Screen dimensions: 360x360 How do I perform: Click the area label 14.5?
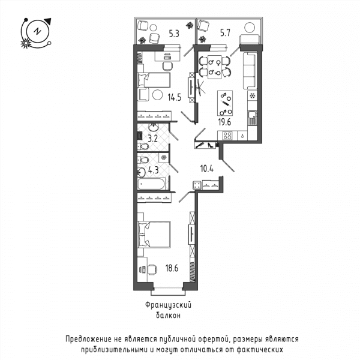point(175,97)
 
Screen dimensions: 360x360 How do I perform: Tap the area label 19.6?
point(224,122)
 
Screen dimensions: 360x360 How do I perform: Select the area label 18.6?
point(172,268)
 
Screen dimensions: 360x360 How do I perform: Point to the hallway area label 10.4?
point(207,169)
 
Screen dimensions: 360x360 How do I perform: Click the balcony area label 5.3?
point(174,34)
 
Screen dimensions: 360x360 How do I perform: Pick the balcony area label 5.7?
point(225,33)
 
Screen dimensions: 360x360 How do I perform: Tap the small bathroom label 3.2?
point(152,139)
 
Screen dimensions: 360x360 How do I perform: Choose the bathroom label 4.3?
point(154,170)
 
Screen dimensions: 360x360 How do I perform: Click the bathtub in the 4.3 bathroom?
point(151,184)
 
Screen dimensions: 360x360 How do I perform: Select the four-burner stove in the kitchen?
point(227,136)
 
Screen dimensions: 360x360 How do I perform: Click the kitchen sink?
point(253,118)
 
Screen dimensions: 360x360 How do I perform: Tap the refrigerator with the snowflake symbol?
point(253,95)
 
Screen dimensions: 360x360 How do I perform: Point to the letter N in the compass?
point(37,31)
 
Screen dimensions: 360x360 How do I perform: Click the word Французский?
point(168,305)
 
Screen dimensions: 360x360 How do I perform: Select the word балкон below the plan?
point(168,316)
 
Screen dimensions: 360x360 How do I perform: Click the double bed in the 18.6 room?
point(154,235)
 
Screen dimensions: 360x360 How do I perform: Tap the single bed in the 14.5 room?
point(154,80)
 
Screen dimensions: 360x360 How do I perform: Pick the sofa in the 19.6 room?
point(250,71)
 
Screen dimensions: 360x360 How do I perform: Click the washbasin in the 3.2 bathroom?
point(152,127)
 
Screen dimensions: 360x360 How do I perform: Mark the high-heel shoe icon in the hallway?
point(211,145)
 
